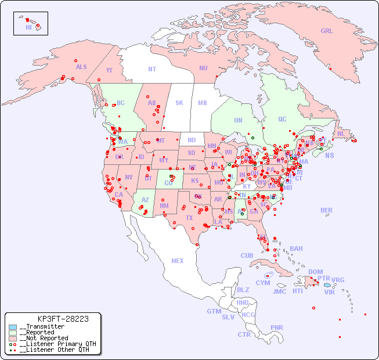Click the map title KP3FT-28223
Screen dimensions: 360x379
pos(63,319)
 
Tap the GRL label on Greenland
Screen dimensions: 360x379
pos(327,31)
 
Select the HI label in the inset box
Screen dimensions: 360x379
pos(28,27)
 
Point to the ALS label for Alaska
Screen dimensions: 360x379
pos(81,67)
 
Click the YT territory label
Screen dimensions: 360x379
pos(109,70)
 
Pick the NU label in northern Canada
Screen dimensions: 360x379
pos(203,68)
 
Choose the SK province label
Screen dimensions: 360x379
pos(179,103)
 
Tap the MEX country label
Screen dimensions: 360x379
pos(178,261)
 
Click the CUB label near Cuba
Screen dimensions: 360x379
pos(247,255)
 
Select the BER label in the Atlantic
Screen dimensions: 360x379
pos(327,210)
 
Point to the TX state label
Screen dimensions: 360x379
pos(189,218)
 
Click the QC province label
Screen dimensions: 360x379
pos(282,119)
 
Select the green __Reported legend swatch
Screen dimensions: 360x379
pos(13,332)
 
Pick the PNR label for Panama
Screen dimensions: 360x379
pos(277,327)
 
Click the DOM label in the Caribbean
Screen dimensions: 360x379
pos(315,272)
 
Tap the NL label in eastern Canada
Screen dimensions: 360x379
pos(341,134)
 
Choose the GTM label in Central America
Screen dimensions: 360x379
pos(214,311)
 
